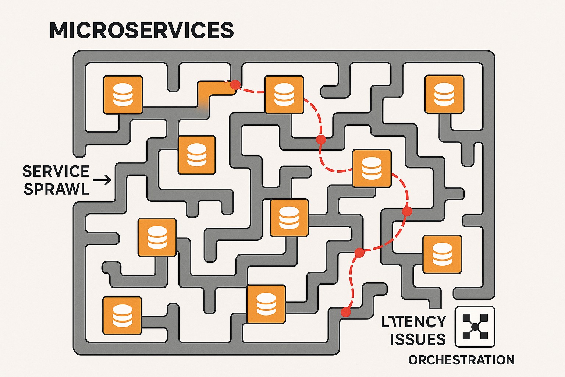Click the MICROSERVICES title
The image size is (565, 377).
142,30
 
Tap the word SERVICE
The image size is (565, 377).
56,172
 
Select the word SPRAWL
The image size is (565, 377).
56,189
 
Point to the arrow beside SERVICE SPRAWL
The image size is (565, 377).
102,180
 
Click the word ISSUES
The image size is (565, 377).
418,339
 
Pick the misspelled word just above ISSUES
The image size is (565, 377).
413,322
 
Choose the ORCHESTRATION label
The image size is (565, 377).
461,360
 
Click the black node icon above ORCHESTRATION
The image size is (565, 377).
475,327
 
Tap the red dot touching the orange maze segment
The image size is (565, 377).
235,85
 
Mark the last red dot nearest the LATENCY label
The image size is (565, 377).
345,312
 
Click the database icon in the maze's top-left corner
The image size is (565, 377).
123,95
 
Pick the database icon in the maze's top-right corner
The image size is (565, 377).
444,94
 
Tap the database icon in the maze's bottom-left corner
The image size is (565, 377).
122,316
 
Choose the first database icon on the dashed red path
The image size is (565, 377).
284,95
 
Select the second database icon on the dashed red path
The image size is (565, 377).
372,168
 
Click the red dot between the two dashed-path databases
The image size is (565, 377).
321,140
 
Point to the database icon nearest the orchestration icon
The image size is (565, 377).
442,254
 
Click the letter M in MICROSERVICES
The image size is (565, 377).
60,30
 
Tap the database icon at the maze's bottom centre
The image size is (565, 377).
266,304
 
